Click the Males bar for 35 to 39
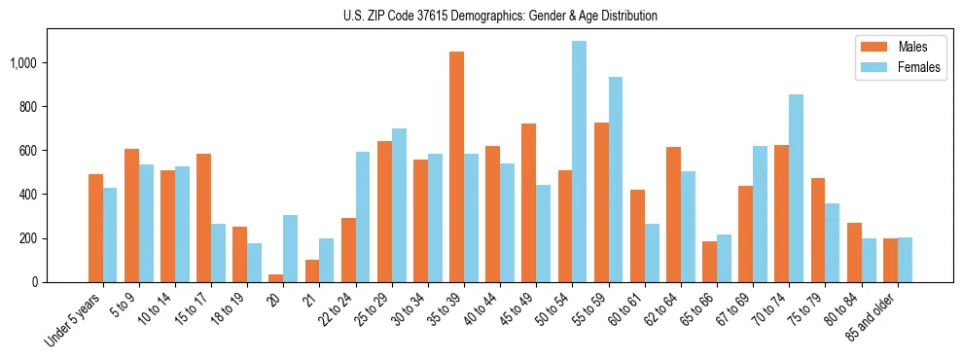coord(456,166)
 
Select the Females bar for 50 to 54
coord(579,162)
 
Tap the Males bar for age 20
coord(275,278)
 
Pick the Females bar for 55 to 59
coord(615,180)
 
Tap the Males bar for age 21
coord(311,270)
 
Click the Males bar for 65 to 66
coord(709,262)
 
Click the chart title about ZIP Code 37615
coord(500,16)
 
